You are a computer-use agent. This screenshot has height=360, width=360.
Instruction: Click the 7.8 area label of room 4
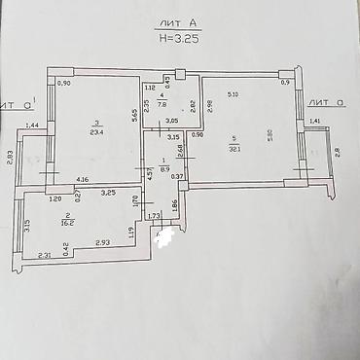pos(162,101)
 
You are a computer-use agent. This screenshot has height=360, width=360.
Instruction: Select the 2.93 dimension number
pos(102,241)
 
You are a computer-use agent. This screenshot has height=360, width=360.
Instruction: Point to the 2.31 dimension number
pos(44,255)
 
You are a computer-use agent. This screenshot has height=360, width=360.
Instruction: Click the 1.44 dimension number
pos(31,126)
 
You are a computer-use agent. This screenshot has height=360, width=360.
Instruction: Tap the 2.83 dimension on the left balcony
pos(9,156)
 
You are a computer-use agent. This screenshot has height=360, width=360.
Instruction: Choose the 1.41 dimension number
pos(314,121)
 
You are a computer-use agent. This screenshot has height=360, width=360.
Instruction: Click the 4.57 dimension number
pos(149,174)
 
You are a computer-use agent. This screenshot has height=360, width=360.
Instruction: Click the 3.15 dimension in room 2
pos(26,226)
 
